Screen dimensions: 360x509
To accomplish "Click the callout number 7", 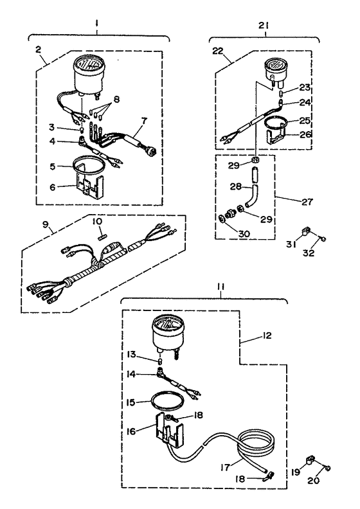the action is (x=143, y=121).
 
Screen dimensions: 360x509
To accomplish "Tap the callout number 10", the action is (x=97, y=221).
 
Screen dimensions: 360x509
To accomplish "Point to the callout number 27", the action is (x=307, y=202).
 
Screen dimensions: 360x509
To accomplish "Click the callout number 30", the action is (x=244, y=233).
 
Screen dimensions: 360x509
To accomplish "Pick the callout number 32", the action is (x=309, y=253).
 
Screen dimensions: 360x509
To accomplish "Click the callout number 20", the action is (x=313, y=481).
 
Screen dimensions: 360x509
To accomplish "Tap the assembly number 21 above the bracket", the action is (x=264, y=25).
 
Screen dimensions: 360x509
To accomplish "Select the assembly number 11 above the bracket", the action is (x=221, y=287).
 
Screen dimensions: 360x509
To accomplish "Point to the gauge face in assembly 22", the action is (x=274, y=65).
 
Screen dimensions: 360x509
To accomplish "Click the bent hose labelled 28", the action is (x=251, y=195).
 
